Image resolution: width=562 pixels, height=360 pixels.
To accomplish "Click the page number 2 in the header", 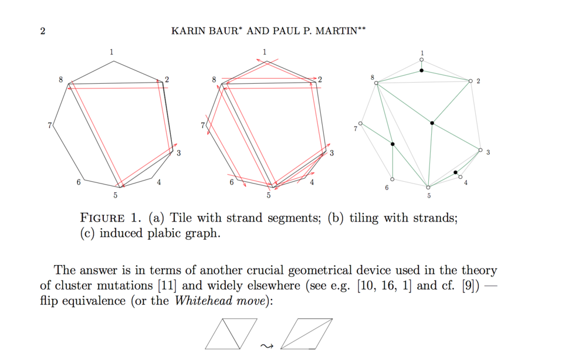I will tap(43, 31).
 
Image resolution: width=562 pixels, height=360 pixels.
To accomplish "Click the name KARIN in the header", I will tap(187, 31).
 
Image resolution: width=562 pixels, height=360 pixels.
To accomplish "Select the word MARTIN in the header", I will tap(339, 31).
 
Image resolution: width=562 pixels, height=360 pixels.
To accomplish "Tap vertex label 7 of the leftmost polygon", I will tap(50, 125).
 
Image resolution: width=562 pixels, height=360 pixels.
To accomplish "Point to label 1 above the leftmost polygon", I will tap(111, 52).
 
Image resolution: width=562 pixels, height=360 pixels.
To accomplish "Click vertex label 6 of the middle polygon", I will tap(232, 182).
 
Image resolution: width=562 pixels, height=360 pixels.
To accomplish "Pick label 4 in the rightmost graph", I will tap(466, 183).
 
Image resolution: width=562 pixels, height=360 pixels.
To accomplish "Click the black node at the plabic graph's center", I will tap(432, 123).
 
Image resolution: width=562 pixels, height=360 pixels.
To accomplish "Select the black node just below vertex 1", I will tap(422, 71).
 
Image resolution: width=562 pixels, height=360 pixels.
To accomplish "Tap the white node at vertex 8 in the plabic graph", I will tap(376, 83).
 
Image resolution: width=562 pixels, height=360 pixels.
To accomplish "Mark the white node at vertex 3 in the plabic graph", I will tap(480, 150).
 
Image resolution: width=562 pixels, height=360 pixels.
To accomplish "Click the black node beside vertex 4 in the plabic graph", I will tap(455, 172).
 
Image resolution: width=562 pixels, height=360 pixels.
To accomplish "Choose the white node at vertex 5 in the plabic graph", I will tap(428, 187).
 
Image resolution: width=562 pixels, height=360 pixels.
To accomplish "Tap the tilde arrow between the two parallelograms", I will tap(267, 345).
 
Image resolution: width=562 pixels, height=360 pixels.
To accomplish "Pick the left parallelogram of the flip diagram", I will tap(231, 334).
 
